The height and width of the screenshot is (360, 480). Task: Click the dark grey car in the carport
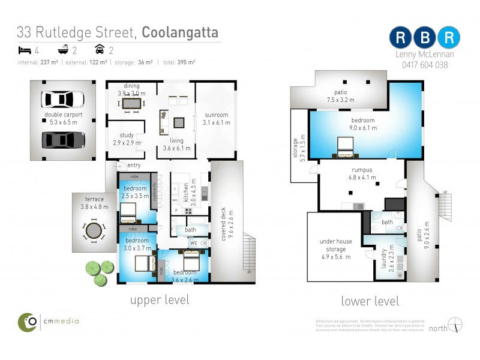click(62, 140)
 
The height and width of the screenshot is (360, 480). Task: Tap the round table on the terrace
click(93, 231)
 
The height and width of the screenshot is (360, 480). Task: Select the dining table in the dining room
click(131, 103)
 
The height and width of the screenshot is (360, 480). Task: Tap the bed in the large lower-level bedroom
click(346, 146)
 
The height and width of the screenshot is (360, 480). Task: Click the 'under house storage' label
click(336, 245)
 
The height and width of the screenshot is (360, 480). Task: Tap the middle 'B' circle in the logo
click(425, 37)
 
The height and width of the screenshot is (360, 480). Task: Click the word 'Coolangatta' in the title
click(180, 32)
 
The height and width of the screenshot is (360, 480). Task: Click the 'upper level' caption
click(160, 299)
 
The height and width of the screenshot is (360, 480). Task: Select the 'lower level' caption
click(370, 301)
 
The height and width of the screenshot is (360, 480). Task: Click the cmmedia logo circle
click(28, 322)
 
